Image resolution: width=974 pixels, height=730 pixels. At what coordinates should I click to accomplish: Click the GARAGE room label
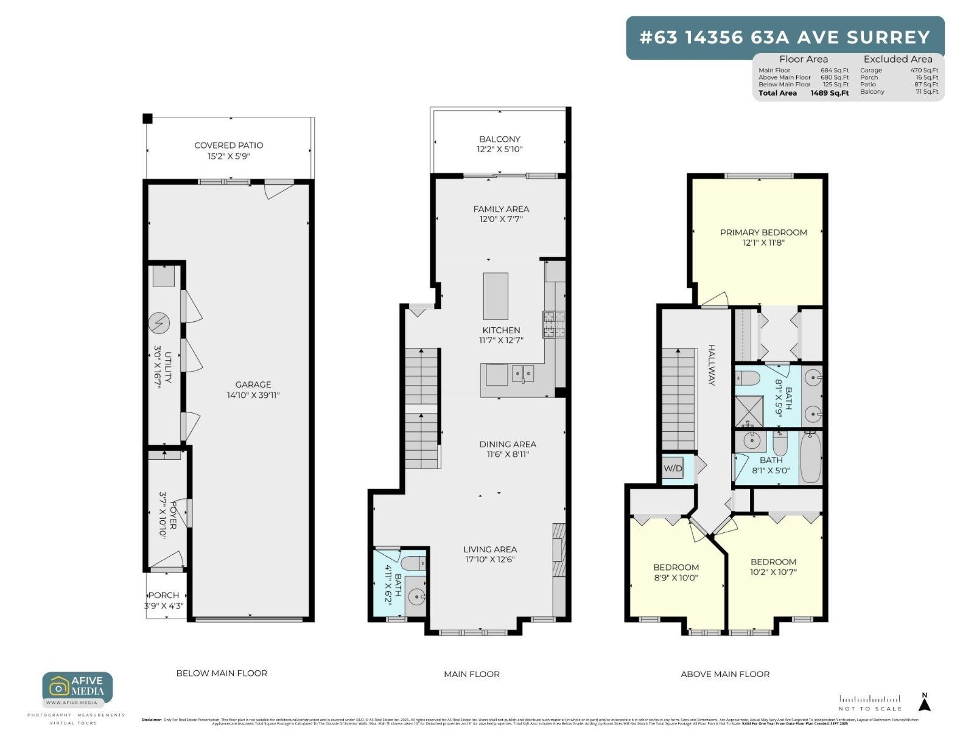click(253, 384)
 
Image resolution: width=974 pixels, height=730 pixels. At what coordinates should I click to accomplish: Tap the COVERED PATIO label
click(228, 145)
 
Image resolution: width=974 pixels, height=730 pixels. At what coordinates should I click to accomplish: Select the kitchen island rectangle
click(496, 296)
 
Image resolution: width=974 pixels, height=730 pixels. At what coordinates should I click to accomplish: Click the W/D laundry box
click(673, 468)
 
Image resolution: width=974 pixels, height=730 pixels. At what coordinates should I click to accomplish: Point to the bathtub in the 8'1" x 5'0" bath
click(810, 457)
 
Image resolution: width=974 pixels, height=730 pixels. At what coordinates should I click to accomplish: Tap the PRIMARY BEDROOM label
click(763, 232)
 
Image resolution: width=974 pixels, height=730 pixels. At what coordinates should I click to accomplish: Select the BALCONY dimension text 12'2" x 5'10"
click(500, 149)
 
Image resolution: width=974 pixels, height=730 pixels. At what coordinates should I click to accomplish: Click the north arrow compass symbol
click(924, 702)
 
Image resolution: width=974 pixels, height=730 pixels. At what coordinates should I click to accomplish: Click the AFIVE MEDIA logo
click(77, 687)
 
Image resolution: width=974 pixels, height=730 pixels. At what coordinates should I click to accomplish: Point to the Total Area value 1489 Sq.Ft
click(829, 93)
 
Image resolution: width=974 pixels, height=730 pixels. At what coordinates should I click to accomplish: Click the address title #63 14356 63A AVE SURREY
click(785, 38)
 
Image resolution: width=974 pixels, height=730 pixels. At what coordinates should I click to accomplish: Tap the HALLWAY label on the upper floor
click(711, 365)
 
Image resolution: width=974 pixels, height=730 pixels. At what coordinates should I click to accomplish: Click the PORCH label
click(164, 595)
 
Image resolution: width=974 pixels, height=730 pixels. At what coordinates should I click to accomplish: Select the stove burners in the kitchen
click(554, 324)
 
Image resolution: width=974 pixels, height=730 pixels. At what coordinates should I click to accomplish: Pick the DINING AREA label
click(507, 444)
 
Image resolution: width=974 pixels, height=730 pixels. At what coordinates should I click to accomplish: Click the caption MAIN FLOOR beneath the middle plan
click(471, 674)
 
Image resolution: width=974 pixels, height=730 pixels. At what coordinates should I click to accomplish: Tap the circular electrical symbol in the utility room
click(159, 324)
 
